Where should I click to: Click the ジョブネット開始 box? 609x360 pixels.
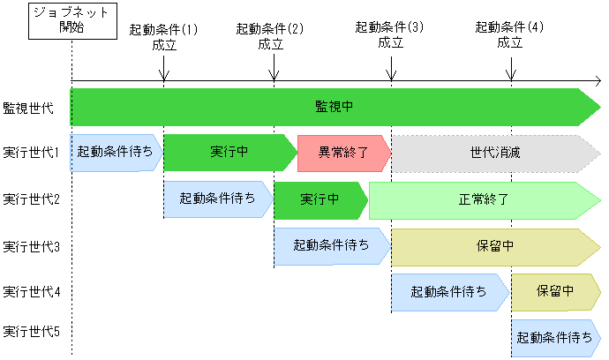pos(71,20)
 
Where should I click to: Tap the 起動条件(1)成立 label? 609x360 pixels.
pos(164,36)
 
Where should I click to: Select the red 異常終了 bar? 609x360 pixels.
pos(343,153)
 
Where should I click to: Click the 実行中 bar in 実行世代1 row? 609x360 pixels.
pos(229,153)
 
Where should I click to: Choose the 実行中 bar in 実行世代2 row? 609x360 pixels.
pos(320,199)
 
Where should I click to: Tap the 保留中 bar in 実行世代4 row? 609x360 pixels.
pos(555,291)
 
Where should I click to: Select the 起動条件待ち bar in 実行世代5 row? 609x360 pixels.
pos(555,337)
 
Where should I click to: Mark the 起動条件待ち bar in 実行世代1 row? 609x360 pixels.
pos(115,153)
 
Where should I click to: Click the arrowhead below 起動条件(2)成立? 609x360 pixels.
pos(274,75)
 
